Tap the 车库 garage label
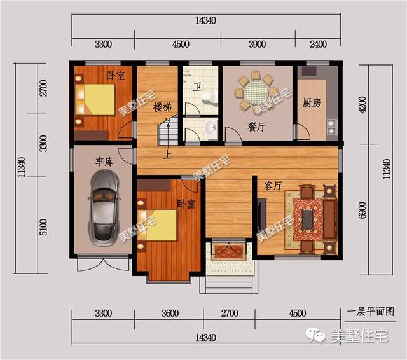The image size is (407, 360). coord(104,162)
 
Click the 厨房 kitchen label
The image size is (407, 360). coord(311,102)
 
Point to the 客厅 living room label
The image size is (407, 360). coord(273,186)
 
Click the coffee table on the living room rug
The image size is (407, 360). coord(307,219)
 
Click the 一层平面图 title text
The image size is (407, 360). coord(372,312)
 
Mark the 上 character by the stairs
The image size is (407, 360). coord(167,153)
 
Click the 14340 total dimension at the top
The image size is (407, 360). coord(207,20)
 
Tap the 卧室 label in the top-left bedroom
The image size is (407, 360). coord(115,76)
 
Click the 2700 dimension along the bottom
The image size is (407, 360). coord(229,313)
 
